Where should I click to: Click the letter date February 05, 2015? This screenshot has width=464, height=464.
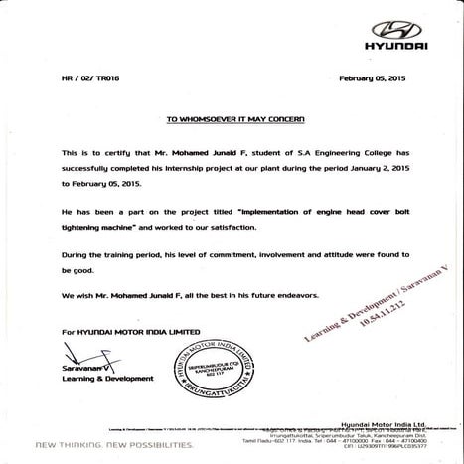(373, 77)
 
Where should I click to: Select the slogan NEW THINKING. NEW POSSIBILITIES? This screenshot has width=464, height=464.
(114, 444)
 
